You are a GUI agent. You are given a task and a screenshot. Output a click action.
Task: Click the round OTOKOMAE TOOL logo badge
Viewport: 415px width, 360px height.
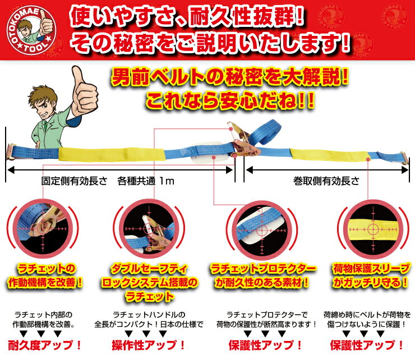(31, 30)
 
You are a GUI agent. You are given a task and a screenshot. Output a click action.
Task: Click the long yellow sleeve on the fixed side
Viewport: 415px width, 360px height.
(112, 154)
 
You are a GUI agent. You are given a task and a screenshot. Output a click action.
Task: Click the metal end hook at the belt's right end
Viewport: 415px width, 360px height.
(404, 158)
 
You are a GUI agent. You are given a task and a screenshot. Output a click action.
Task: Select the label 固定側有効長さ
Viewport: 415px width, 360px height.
(75, 181)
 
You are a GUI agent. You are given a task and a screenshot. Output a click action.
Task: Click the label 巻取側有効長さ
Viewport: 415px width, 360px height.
(326, 181)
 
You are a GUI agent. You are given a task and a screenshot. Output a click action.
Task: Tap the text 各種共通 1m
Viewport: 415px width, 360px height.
(146, 181)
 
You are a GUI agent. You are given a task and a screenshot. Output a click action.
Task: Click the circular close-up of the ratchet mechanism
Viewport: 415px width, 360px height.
(43, 228)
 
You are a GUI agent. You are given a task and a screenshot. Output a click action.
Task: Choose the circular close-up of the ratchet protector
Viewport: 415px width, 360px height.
(262, 230)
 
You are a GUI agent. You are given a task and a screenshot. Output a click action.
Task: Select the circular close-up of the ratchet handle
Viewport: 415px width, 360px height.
(150, 229)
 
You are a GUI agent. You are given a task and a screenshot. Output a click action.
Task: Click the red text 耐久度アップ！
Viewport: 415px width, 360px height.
(44, 345)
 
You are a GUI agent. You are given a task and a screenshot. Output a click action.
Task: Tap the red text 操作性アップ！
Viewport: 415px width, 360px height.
(148, 345)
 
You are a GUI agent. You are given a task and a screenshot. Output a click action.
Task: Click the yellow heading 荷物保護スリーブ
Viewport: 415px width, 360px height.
(371, 269)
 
